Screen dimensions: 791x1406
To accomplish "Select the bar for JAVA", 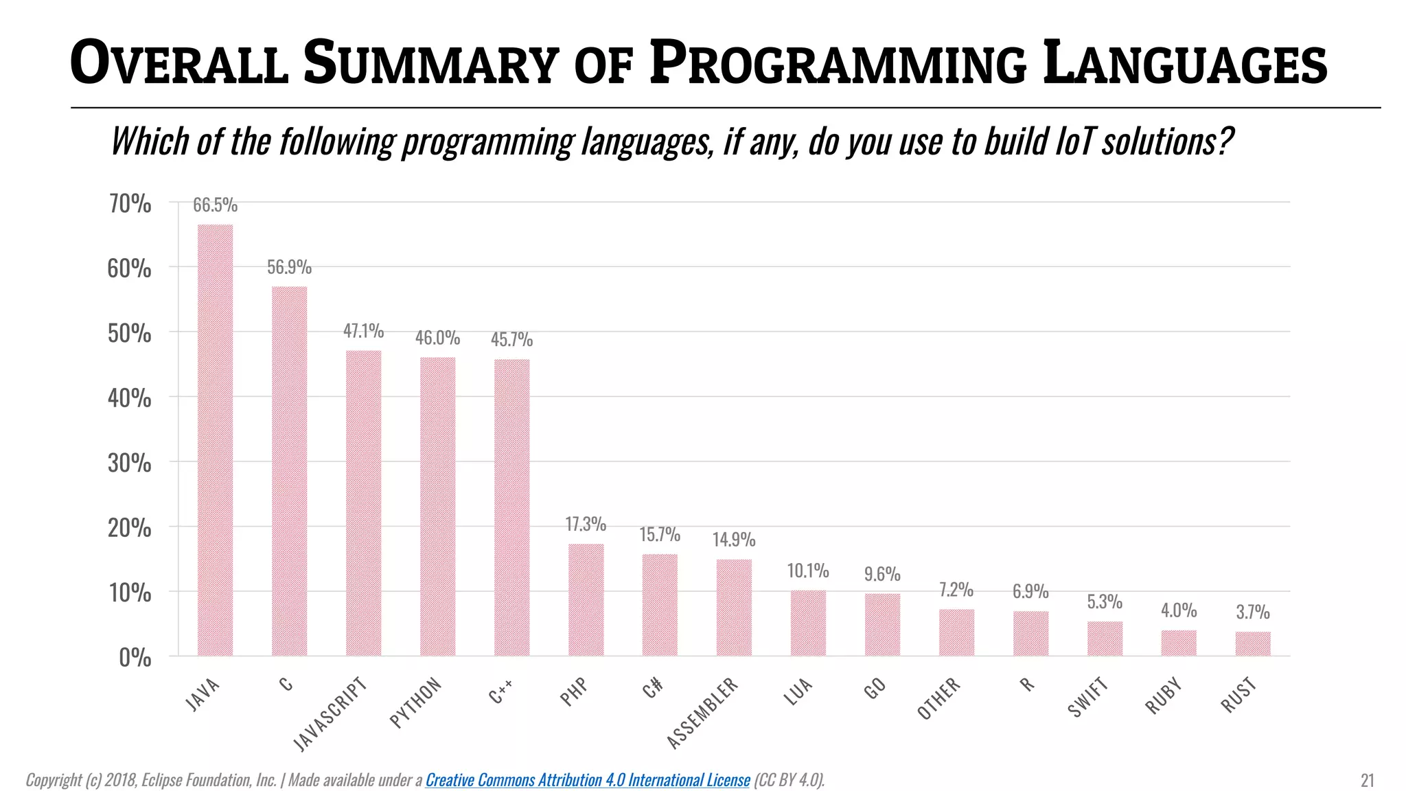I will [x=215, y=439].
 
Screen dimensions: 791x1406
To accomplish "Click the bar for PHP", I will [x=586, y=599].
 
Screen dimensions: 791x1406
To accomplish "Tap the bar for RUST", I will [x=1253, y=643].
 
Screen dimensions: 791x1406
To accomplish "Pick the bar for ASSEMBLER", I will [x=734, y=607].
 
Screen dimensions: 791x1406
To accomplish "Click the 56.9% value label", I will [x=289, y=267].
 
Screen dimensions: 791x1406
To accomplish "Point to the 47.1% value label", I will [x=363, y=331].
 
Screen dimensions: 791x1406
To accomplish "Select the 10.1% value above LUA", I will [x=808, y=571].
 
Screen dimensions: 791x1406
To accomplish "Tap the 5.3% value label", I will [x=1105, y=602].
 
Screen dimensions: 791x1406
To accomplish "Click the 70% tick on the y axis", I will [x=130, y=204].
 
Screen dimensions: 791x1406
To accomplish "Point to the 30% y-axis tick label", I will [x=130, y=463].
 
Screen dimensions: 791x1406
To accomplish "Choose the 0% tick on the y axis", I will [x=135, y=658].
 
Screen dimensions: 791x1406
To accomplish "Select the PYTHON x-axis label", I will [x=415, y=702].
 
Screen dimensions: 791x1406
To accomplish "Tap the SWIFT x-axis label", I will [x=1088, y=696].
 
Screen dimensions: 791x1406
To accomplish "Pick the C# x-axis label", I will [x=653, y=687].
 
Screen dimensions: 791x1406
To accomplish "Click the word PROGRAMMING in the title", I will [x=838, y=64].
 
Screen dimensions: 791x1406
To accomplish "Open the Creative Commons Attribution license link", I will [x=588, y=780].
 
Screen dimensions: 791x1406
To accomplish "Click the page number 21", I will [x=1367, y=780].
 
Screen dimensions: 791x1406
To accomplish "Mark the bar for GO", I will [x=882, y=624].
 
